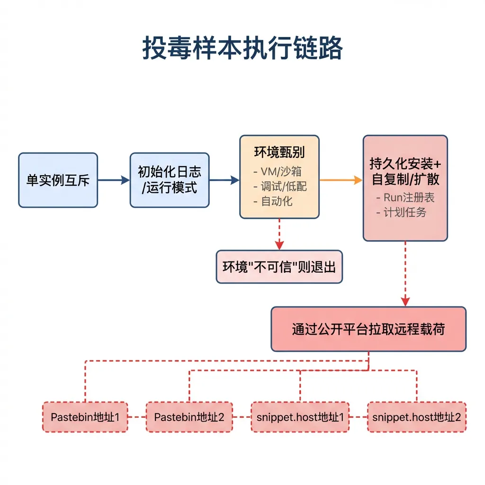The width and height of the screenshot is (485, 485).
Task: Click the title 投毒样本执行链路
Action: (x=242, y=49)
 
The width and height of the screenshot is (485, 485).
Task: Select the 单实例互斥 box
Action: (x=58, y=180)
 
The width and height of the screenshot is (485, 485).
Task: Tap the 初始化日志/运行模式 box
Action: (x=170, y=180)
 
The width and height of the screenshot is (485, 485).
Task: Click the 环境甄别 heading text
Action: (x=279, y=152)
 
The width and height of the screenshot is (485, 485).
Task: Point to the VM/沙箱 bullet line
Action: (x=278, y=171)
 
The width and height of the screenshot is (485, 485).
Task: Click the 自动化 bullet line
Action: (x=273, y=201)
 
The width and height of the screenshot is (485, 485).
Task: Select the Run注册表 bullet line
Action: (x=405, y=198)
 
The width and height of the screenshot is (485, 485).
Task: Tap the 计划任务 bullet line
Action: (x=401, y=212)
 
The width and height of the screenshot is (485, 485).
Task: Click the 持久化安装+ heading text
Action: (x=405, y=164)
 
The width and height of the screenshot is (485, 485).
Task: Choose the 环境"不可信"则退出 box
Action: (x=279, y=267)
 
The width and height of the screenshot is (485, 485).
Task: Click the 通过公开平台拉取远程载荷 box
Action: (x=368, y=329)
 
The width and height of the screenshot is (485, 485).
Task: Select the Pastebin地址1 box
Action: (x=85, y=417)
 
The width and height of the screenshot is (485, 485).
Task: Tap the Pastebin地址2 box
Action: (x=189, y=417)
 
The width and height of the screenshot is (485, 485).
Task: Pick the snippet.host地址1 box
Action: (x=300, y=417)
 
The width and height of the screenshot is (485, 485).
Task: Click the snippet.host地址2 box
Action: (x=416, y=417)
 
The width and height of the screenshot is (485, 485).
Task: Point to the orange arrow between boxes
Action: (x=341, y=180)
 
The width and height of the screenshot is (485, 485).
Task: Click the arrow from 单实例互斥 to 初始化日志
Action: (x=114, y=180)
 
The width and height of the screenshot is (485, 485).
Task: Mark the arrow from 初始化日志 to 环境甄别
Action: (x=224, y=180)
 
